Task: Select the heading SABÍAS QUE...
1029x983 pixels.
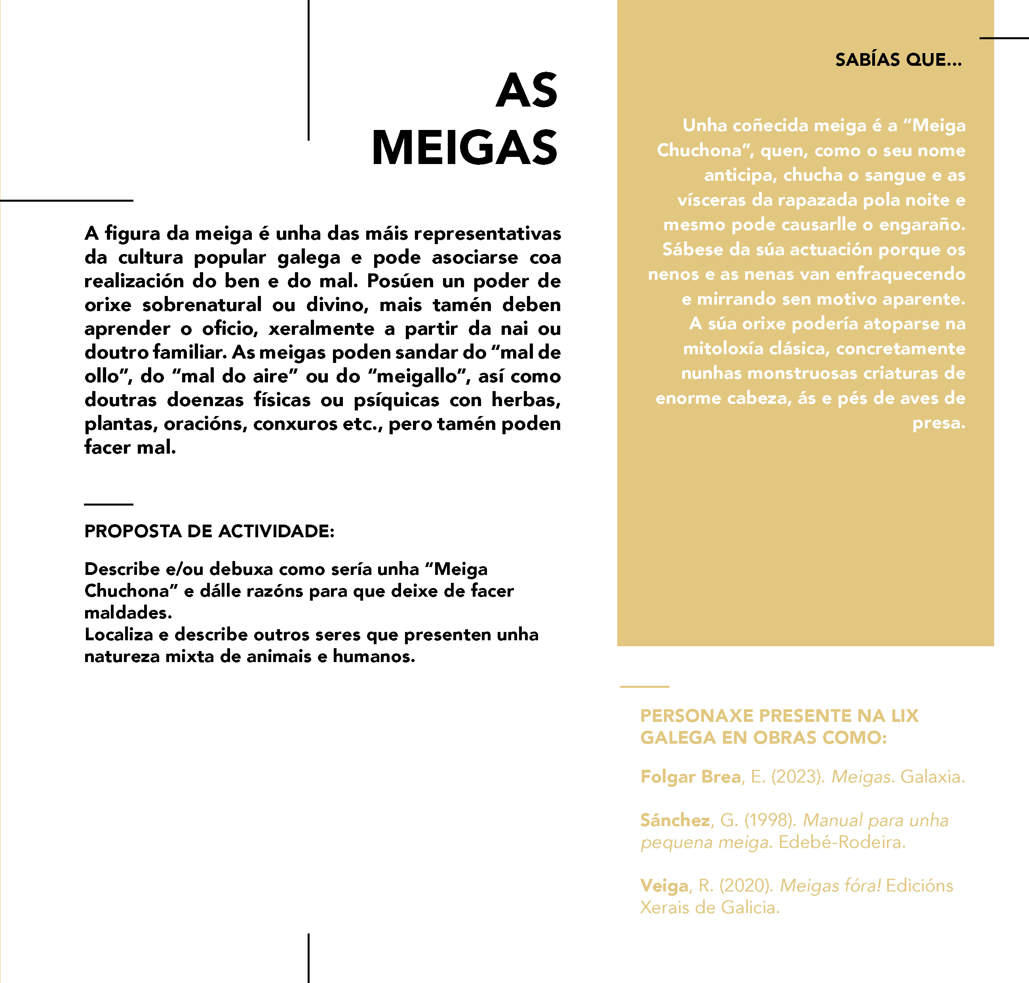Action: tap(898, 60)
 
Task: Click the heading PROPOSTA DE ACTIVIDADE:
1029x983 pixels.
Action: tap(209, 531)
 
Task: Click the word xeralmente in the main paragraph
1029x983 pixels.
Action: tap(321, 328)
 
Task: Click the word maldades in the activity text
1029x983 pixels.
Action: tap(128, 613)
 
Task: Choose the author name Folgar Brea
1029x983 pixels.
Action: tap(690, 777)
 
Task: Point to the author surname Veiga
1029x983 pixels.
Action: tap(664, 886)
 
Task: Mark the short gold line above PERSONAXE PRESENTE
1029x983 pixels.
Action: tap(644, 686)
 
